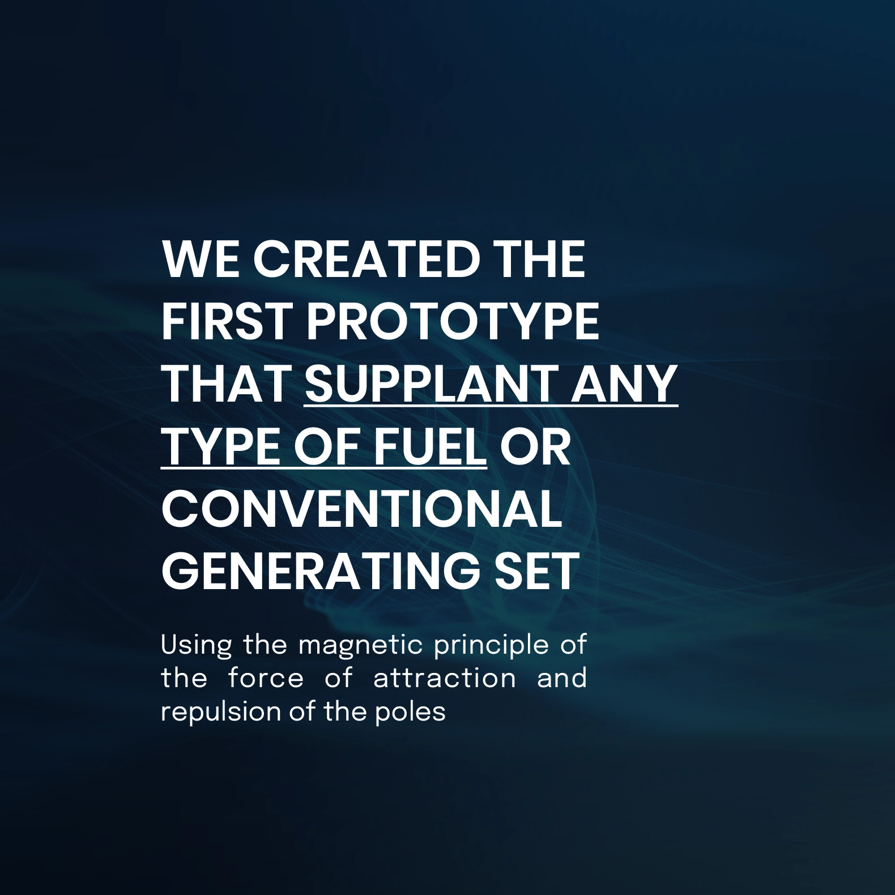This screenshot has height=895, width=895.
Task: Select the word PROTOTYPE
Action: (453, 322)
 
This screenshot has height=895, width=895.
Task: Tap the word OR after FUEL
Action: (535, 446)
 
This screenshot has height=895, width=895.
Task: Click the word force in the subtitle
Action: (266, 679)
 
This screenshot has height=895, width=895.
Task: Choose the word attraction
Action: (445, 679)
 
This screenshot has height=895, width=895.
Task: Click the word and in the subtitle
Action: (561, 679)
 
